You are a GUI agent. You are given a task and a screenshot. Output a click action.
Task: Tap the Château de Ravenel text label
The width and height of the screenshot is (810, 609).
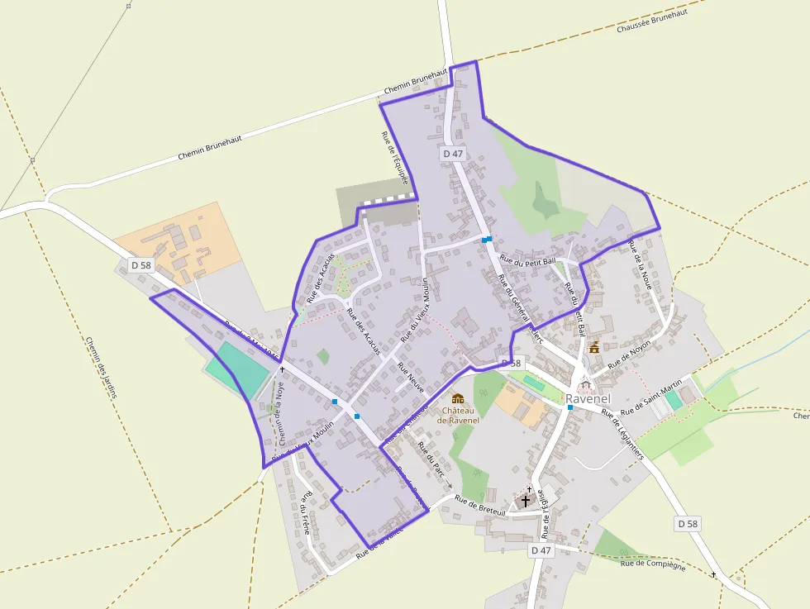tap(457, 415)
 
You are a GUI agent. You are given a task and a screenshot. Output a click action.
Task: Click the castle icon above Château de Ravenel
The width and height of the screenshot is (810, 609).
tap(457, 398)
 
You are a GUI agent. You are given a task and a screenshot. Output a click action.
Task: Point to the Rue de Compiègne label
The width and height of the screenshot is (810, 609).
tap(653, 564)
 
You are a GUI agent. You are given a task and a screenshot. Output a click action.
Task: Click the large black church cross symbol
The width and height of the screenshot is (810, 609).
tap(525, 501)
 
